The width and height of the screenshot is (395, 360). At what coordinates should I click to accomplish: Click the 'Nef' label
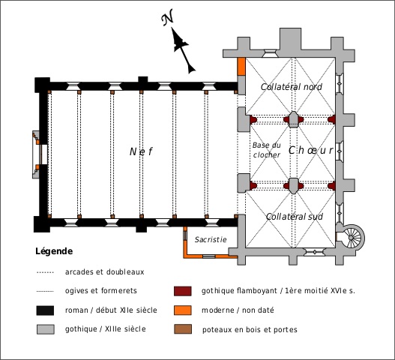pos(141,151)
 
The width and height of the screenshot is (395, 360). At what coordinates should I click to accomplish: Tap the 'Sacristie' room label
pos(211,239)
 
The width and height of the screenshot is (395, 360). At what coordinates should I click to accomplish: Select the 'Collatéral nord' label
pos(292,87)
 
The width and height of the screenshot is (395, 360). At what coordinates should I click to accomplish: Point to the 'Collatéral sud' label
pos(295,217)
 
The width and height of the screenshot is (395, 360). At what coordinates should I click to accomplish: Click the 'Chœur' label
pos(311,150)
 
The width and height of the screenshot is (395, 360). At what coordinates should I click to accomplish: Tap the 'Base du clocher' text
pos(267,150)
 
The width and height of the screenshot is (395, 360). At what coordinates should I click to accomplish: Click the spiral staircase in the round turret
pos(352,238)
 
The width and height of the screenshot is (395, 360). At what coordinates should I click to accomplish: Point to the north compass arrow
pos(183,50)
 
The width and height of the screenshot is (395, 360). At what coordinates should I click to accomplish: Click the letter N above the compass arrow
pos(168,17)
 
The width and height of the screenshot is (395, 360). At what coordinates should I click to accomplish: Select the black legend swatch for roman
pos(45,310)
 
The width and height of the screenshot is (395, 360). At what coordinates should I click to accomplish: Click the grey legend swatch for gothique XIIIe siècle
pos(45,329)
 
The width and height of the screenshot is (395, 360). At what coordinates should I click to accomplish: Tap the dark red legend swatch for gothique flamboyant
pos(183,291)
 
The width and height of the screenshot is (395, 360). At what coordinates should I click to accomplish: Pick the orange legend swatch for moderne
pos(183,310)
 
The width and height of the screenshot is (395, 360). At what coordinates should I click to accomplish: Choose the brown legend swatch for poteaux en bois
pos(183,329)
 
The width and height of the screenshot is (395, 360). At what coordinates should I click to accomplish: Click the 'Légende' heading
pos(54,251)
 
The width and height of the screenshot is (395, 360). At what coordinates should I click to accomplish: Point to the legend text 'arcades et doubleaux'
pos(104,272)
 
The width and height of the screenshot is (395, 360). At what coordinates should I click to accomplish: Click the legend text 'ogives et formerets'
pos(100,291)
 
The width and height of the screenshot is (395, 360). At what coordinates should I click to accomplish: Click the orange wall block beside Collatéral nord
pos(241,67)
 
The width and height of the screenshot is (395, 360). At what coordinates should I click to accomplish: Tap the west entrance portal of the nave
pos(40,154)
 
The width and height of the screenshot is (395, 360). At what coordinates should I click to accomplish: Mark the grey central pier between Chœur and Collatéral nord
pos(294,119)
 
